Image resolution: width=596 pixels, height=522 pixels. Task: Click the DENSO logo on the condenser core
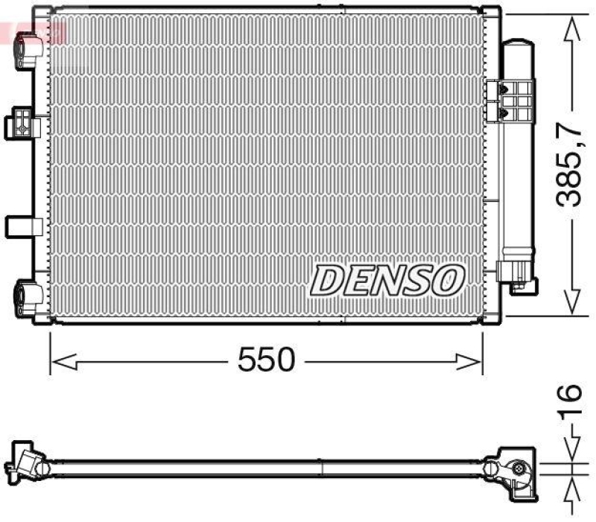coord(387,280)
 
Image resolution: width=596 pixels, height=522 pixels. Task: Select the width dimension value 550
coord(266,360)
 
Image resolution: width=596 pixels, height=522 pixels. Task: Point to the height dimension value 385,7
coord(571,165)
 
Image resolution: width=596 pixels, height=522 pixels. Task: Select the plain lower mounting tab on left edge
coord(20,226)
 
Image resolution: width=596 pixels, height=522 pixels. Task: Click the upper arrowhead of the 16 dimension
coord(571,453)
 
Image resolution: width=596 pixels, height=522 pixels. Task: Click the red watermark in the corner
coord(34,32)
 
